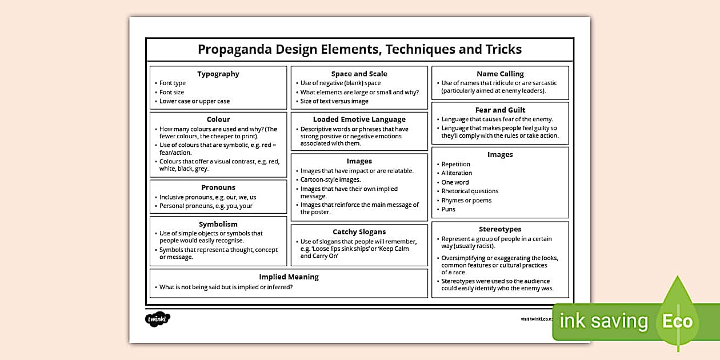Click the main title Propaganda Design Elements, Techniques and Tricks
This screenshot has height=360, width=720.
pos(359,49)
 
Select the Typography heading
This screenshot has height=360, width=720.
pos(218,74)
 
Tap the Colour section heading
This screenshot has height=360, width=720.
pos(218,119)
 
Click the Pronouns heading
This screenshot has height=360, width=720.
pos(218,187)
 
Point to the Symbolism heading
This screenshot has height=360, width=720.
pos(218,224)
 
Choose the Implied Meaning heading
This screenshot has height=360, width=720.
pos(289,277)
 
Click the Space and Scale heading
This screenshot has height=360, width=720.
pos(359,74)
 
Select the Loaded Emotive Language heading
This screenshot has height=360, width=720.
pos(359,119)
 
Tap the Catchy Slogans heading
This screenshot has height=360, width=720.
pos(359,232)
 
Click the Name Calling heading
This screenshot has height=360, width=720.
pos(500,74)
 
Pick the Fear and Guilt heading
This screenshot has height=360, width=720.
pos(500,110)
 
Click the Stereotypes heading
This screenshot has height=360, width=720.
pos(500,229)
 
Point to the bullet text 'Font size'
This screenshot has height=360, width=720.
pos(171,92)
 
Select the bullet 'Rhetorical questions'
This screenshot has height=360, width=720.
pos(470,191)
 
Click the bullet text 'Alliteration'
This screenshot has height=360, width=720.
pos(457,173)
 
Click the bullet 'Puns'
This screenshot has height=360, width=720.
pos(449,209)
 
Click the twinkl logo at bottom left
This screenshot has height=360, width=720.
pos(158,319)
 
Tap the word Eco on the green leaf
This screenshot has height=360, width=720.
pos(678,321)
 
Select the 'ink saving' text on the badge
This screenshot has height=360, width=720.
pos(603,321)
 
